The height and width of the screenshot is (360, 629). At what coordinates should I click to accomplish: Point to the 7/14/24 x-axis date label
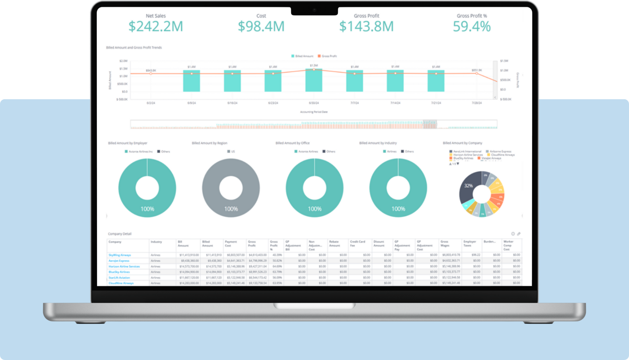(395, 103)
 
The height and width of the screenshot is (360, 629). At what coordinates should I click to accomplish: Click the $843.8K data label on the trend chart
(151, 70)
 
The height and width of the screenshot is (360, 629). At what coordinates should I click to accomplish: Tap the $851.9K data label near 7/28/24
(477, 70)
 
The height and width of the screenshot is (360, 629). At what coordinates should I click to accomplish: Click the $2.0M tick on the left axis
(123, 61)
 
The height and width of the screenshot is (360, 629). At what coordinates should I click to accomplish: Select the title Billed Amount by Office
(292, 143)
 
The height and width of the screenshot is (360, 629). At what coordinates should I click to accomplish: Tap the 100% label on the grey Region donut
(231, 209)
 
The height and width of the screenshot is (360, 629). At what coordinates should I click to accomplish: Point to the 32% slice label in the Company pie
(468, 186)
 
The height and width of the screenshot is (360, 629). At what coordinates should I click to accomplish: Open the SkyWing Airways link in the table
(120, 255)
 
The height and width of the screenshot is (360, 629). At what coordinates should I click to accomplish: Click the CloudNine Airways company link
(121, 283)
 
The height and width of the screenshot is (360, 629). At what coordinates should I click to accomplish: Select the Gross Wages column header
(444, 244)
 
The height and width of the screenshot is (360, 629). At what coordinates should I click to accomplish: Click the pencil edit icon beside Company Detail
(519, 234)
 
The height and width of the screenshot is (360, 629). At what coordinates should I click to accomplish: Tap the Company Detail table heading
(120, 234)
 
